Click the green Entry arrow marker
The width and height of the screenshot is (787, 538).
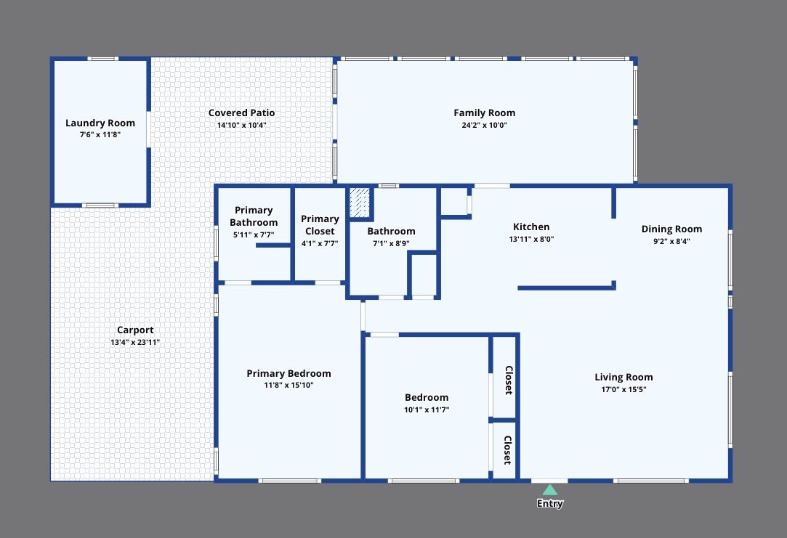click(x=550, y=490)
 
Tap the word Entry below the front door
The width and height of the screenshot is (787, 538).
click(x=550, y=504)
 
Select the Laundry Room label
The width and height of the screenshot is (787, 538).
click(x=100, y=123)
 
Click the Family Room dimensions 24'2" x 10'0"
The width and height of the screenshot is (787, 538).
click(x=484, y=125)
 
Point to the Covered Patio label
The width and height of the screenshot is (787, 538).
click(x=241, y=113)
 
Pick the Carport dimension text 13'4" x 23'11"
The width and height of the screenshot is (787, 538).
click(x=135, y=342)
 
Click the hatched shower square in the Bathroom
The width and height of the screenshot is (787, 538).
click(x=360, y=203)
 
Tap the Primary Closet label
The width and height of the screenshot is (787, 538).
click(x=320, y=225)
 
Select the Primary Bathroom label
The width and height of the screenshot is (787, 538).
click(x=254, y=216)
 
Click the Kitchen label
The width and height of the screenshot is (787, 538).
click(x=531, y=227)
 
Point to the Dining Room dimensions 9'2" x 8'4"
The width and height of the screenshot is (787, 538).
click(x=671, y=241)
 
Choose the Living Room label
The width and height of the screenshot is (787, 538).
click(x=623, y=378)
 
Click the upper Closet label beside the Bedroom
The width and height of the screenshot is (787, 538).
click(x=508, y=380)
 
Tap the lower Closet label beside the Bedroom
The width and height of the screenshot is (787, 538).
click(x=508, y=450)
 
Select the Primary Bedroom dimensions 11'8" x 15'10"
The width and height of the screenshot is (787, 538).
click(x=288, y=386)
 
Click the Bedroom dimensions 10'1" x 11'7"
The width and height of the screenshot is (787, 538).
click(x=427, y=409)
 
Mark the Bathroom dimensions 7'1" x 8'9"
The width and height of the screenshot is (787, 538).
click(x=391, y=243)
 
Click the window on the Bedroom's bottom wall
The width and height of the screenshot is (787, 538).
click(x=424, y=481)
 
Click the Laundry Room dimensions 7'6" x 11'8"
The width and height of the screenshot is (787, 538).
click(x=100, y=135)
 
